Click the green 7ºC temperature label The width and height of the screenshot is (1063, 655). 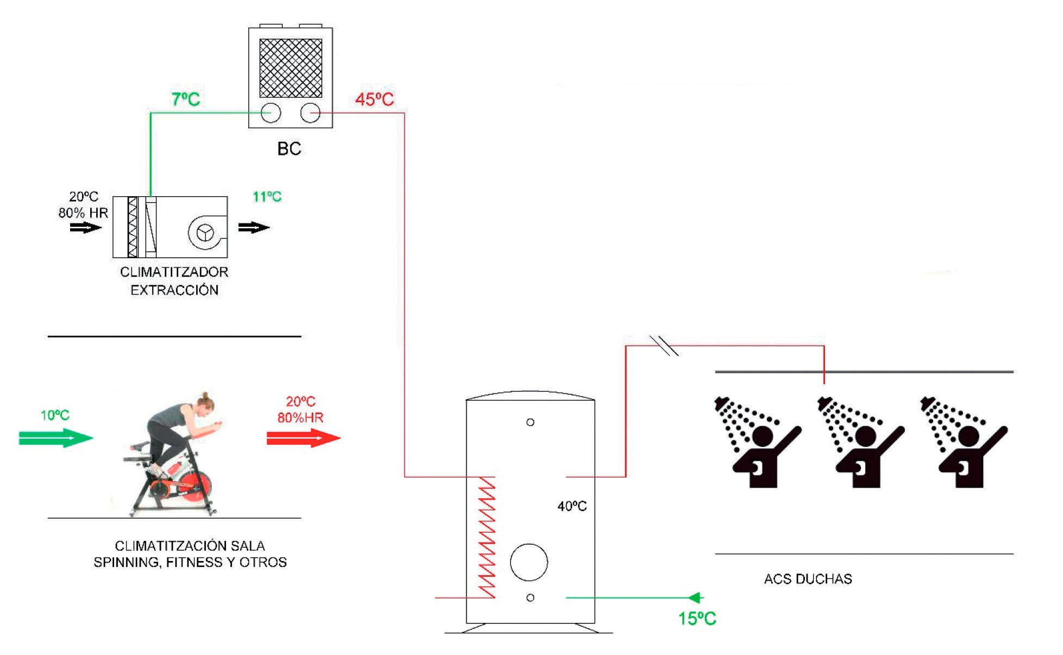click(186, 99)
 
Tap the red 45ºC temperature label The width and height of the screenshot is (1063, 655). click(374, 99)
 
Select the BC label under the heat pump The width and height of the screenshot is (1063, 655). click(289, 149)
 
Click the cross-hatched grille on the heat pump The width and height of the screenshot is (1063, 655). click(291, 68)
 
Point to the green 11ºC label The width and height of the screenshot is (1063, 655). click(267, 197)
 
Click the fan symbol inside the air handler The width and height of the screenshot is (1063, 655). click(205, 233)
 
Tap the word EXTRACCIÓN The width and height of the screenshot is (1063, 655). click(174, 290)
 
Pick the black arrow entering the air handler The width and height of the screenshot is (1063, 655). click(86, 228)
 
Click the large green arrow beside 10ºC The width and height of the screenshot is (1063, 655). click(56, 438)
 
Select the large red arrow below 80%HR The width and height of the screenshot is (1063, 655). click(303, 438)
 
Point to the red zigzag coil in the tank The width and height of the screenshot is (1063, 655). click(486, 538)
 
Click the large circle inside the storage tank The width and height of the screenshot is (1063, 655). click(529, 562)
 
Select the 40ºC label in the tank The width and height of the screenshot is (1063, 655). click(572, 507)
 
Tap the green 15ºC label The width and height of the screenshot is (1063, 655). click(697, 619)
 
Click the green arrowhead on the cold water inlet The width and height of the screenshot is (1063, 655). click(696, 598)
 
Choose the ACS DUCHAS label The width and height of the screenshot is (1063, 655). click(808, 579)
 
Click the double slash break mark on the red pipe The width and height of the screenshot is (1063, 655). click(664, 346)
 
